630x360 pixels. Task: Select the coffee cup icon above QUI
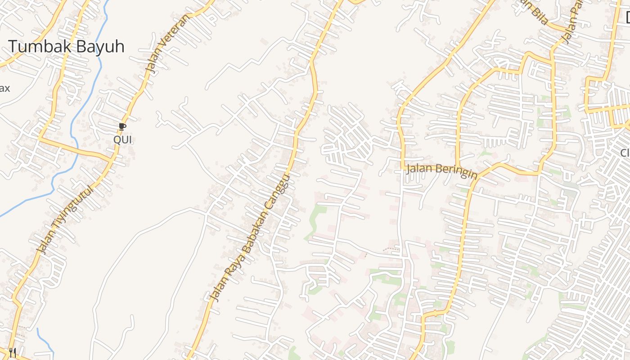point(122,126)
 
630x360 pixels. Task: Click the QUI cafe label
point(122,139)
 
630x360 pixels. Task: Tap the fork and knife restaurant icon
point(13,352)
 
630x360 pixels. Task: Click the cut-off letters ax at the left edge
point(4,88)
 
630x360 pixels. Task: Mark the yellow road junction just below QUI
point(111,158)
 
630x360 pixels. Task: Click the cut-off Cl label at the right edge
point(625,153)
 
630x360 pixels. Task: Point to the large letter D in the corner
point(626,17)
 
